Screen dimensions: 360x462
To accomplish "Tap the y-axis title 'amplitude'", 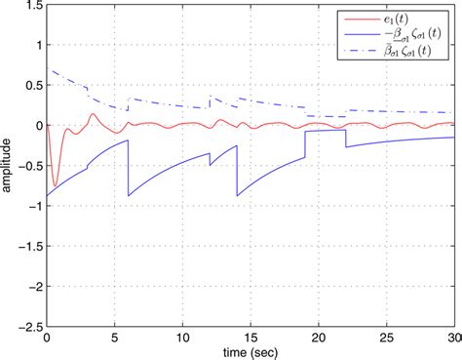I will [x=9, y=166].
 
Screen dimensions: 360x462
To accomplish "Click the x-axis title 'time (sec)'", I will [x=250, y=351].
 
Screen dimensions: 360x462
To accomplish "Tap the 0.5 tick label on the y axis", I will [x=30, y=86].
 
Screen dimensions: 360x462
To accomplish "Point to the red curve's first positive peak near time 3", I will [x=93, y=114].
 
